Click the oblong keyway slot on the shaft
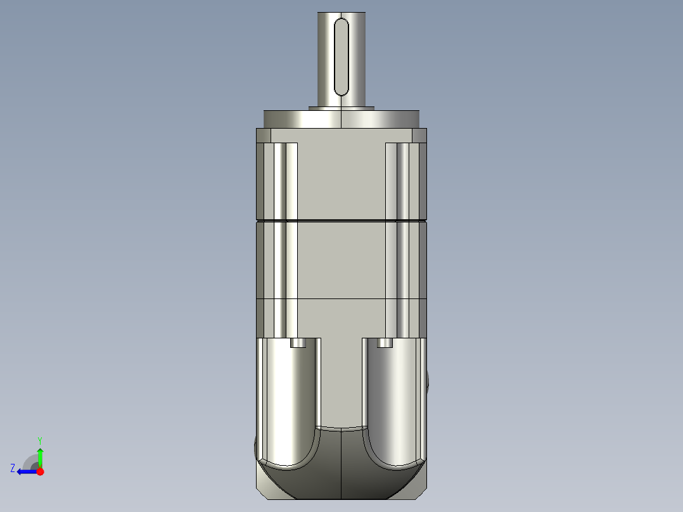[x=341, y=57]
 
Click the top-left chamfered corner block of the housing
[x=264, y=136]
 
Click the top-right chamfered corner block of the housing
[x=419, y=136]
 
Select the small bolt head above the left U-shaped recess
[x=297, y=343]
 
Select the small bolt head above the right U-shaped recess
[x=385, y=343]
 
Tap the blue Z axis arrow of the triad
[x=26, y=471]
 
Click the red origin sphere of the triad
[x=40, y=471]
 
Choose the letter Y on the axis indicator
[x=39, y=440]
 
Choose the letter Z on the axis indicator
[x=13, y=468]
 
